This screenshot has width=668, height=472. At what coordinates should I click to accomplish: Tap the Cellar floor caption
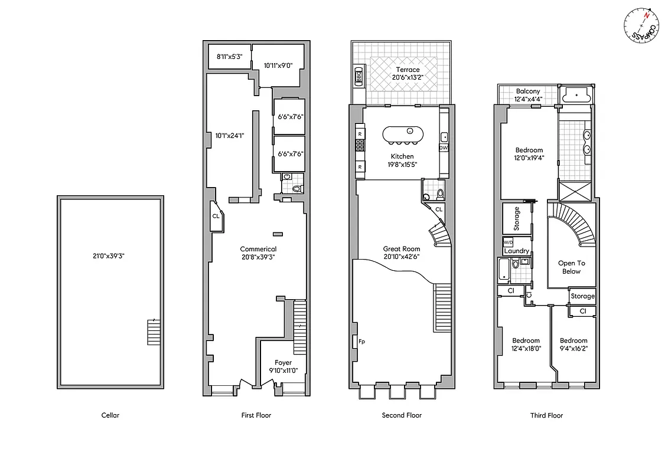(110, 415)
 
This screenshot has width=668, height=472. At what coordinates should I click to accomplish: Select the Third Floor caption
(546, 415)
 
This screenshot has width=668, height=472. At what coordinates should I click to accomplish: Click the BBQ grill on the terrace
(359, 76)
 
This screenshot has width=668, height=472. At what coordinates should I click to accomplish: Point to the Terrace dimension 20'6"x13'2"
(408, 77)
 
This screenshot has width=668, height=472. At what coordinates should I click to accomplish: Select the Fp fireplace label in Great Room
(361, 341)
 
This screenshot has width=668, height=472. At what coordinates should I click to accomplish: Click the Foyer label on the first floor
(283, 362)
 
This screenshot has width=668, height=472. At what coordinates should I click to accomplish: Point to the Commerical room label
(258, 249)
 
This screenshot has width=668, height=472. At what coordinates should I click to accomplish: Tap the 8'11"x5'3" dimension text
(229, 57)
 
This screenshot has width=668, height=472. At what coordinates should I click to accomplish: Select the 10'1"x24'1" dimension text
(230, 135)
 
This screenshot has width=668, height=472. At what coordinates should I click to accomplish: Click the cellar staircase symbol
(153, 333)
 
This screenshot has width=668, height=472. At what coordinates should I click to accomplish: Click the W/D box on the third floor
(508, 242)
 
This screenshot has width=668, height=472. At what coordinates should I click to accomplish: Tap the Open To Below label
(571, 267)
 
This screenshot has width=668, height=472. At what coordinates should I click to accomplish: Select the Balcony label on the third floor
(527, 91)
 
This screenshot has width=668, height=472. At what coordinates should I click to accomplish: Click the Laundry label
(517, 251)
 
